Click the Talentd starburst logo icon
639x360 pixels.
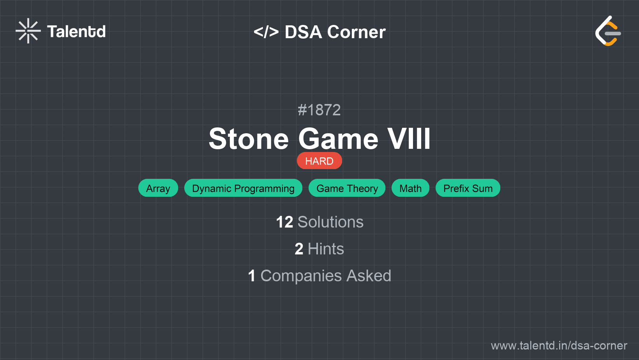pos(28,31)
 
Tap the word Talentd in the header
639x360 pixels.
pos(76,32)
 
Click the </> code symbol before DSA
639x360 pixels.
pos(266,32)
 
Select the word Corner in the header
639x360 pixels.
pos(356,32)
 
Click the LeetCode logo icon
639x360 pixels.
pos(608,31)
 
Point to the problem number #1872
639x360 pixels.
pos(319,110)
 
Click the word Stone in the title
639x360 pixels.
pos(249,139)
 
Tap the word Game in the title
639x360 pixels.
pos(338,139)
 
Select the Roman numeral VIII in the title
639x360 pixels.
pos(408,139)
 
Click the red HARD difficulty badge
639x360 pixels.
pos(319,161)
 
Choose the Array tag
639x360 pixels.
pos(158,188)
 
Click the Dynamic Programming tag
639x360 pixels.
pos(243,188)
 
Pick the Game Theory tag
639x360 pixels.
pos(347,188)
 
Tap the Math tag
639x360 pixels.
pos(410,188)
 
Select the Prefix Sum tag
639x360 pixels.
pos(468,188)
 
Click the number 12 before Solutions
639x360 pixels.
pos(284,222)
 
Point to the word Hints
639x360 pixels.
pos(326,249)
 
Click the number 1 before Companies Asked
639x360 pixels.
pos(252,276)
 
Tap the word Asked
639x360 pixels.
pos(369,276)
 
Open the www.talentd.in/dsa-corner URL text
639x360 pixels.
pos(559,346)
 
